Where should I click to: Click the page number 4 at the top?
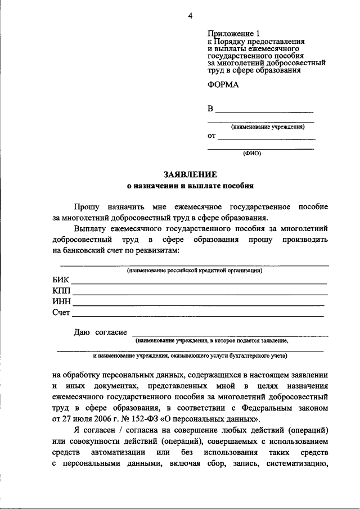190,16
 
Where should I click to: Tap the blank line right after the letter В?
264,111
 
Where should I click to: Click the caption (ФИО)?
252,153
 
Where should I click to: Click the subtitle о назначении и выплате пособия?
190,186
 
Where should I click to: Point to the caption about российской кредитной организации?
195,271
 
